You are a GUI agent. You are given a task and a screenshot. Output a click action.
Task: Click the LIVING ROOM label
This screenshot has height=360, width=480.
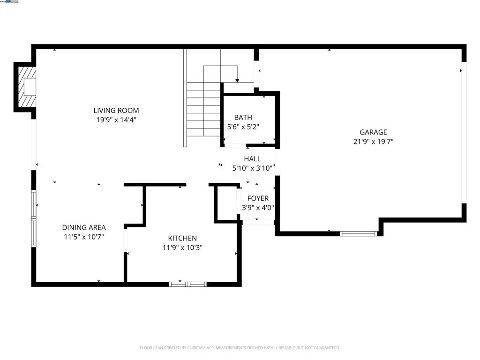[116, 111]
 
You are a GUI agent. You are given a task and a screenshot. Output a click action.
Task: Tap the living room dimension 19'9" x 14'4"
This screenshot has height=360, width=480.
[116, 120]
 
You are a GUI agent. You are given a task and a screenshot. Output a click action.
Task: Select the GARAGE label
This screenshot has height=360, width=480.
[373, 132]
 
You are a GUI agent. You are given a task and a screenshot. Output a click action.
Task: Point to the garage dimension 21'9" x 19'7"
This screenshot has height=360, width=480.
[373, 142]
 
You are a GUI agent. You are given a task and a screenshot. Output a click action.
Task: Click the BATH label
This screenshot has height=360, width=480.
[243, 117]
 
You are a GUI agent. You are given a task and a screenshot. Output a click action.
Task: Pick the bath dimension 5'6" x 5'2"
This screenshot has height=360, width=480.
[243, 127]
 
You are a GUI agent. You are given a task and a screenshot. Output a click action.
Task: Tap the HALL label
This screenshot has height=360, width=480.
[252, 159]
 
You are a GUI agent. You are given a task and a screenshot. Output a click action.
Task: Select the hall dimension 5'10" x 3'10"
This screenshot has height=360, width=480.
[252, 168]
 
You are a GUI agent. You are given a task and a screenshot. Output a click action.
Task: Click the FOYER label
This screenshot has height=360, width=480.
[258, 198]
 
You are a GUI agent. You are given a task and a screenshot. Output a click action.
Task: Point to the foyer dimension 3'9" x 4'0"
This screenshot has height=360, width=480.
[258, 208]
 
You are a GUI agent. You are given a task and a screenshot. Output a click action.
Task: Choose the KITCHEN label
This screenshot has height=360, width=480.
[182, 238]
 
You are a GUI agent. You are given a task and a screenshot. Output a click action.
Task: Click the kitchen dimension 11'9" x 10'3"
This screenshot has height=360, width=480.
[182, 247]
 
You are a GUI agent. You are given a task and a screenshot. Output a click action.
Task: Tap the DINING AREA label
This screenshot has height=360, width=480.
[84, 227]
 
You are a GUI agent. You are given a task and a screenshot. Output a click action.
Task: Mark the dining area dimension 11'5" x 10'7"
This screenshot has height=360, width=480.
[84, 237]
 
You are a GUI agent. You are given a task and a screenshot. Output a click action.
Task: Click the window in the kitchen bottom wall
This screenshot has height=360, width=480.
[187, 284]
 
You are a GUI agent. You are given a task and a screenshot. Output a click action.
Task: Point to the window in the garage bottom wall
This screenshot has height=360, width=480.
[358, 233]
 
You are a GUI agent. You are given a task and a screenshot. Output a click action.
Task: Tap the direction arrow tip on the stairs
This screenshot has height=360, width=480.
[237, 81]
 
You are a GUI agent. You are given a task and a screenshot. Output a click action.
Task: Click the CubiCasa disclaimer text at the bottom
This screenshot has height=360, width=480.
[240, 348]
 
